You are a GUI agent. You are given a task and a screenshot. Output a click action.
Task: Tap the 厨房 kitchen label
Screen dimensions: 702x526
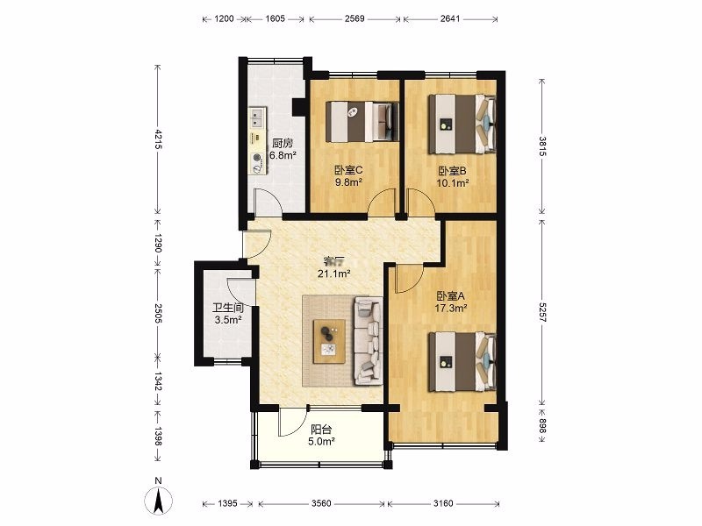point(283,144)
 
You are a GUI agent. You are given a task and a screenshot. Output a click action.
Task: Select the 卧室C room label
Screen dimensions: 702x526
point(348,170)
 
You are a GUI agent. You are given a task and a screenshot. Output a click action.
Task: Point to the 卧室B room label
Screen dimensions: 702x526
point(452,171)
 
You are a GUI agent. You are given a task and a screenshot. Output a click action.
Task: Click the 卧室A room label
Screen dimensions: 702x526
point(451,296)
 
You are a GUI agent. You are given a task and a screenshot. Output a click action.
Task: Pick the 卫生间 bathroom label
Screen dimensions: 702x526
point(228,309)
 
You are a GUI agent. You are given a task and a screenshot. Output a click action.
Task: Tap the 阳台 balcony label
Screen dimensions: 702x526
point(321,430)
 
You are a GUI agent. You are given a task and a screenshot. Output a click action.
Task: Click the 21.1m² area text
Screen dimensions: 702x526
point(333,274)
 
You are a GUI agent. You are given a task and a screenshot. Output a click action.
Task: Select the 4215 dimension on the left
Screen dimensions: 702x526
point(158,139)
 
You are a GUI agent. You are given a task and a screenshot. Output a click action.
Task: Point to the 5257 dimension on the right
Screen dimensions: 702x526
point(542,312)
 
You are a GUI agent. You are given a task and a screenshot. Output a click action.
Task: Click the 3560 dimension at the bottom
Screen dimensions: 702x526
point(321,503)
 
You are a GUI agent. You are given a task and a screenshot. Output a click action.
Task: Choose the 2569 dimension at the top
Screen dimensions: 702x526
point(355,18)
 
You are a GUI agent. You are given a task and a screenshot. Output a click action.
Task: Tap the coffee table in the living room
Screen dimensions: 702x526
point(329,342)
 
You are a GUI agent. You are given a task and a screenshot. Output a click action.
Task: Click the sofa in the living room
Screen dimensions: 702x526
point(368,340)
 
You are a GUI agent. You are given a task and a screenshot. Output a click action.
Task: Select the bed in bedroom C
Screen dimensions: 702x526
point(362,122)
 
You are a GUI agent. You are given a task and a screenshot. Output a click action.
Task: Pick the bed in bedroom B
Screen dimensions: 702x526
point(462,124)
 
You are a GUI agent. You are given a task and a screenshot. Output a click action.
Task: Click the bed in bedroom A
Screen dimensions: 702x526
point(462,362)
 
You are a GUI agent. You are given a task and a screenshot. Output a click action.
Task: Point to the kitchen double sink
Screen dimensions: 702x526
point(256,118)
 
